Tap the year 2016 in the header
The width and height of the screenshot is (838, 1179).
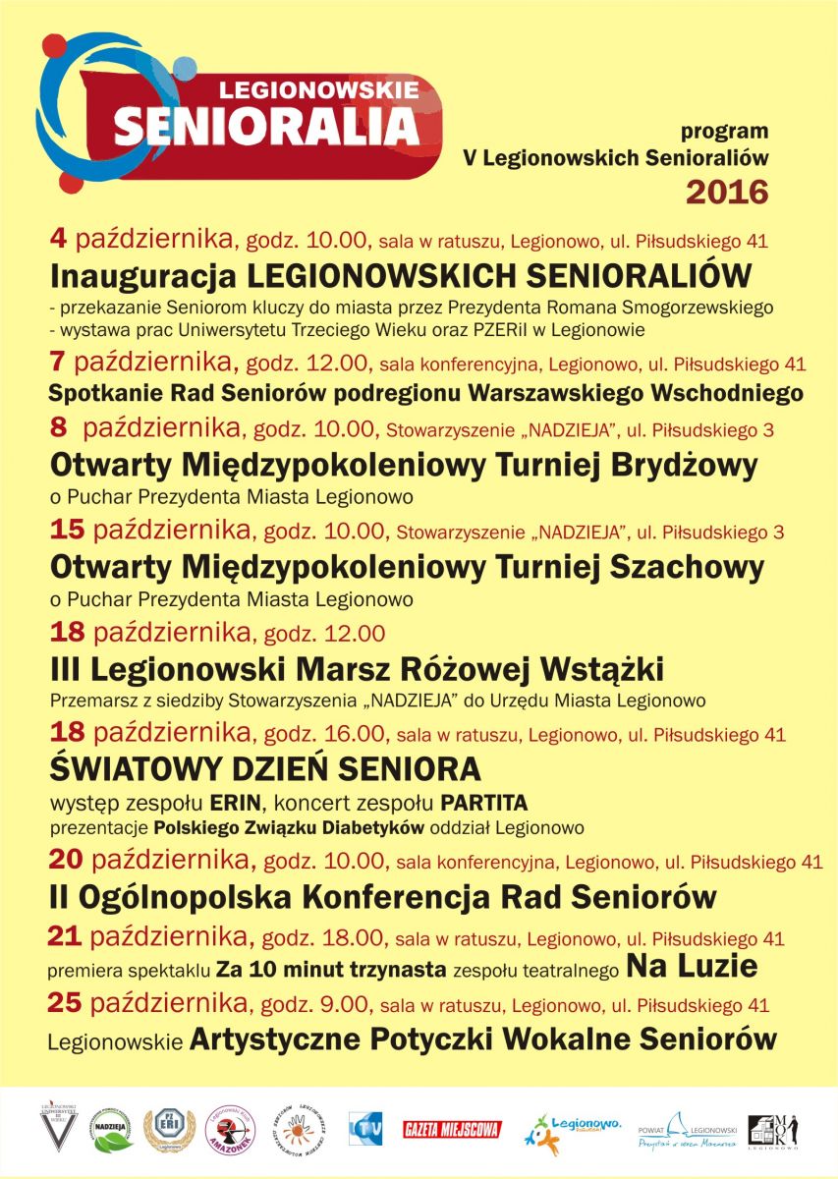[x=726, y=191]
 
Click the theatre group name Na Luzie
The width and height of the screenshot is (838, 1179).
[x=692, y=967]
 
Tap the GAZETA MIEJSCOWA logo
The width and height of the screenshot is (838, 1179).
[x=452, y=1129]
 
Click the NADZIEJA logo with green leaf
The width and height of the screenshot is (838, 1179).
[x=113, y=1129]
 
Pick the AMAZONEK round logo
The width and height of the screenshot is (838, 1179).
[x=227, y=1129]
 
